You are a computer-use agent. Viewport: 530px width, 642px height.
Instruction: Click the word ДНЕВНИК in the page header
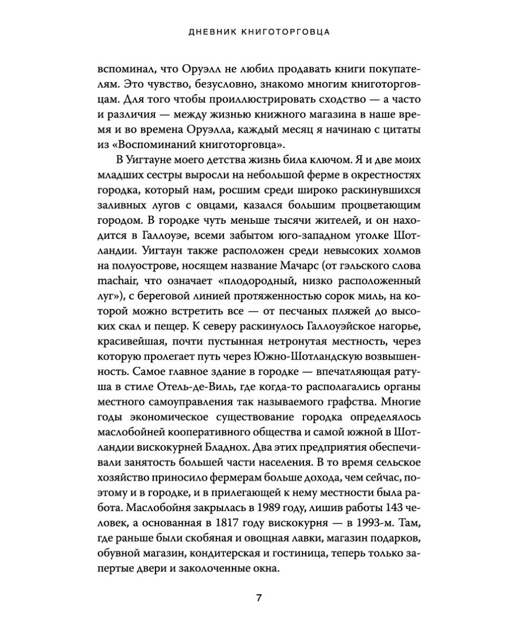click(x=215, y=32)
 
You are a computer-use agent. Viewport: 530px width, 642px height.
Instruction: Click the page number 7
click(x=259, y=598)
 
